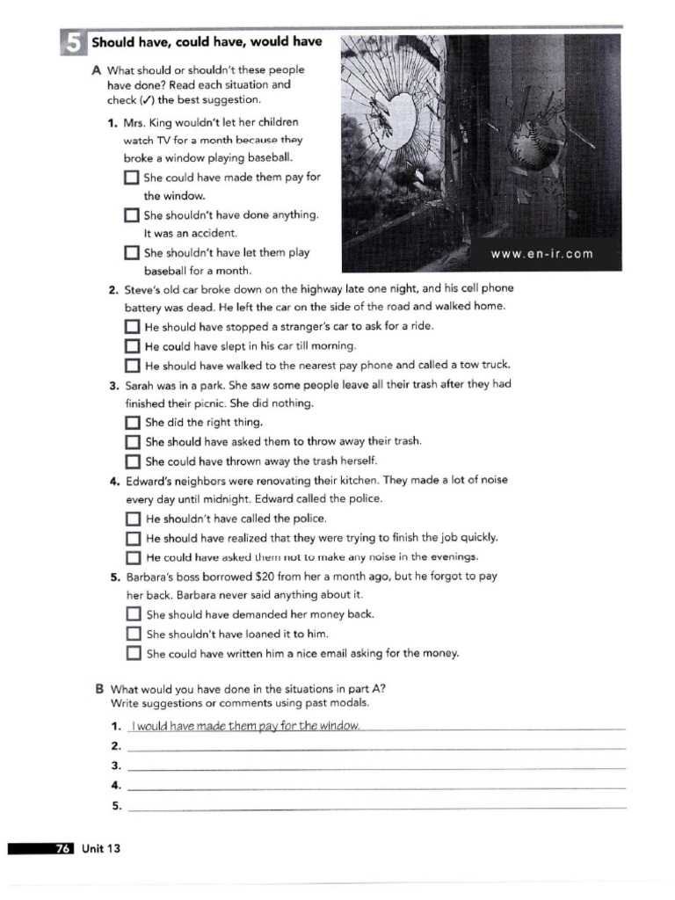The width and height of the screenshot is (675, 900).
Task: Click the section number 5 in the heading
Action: point(73,42)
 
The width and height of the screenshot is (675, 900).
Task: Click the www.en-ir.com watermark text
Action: point(541,254)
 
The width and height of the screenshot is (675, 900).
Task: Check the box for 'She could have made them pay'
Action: point(132,178)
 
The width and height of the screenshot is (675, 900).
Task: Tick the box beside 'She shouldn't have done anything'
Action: point(132,215)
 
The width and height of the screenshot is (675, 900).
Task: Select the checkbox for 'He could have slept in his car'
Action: point(133,346)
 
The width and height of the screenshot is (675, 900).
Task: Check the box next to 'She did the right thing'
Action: point(133,423)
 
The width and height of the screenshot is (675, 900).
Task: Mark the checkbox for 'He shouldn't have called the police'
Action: point(134,519)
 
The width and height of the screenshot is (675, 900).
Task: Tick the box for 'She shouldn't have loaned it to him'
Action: point(134,634)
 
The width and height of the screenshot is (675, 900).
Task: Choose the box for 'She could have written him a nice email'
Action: point(134,653)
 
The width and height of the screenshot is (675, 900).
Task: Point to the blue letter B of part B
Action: point(99,689)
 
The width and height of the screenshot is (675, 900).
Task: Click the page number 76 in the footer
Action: point(63,848)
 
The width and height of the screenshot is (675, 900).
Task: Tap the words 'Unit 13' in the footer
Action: point(101,848)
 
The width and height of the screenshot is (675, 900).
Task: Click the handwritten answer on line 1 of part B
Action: point(244,725)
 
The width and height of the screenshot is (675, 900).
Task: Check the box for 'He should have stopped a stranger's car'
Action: point(133,327)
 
